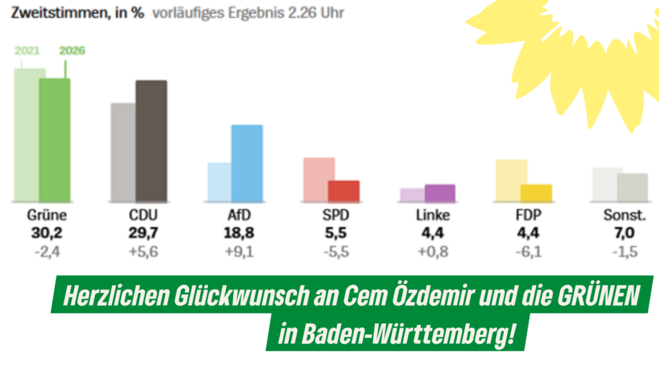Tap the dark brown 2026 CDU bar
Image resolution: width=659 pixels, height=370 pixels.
[x=151, y=140]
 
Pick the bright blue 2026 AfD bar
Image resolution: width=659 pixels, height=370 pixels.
[x=247, y=163]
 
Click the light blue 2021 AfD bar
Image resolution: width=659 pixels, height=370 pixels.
[x=219, y=182]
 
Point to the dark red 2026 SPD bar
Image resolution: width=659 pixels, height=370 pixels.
[x=344, y=191]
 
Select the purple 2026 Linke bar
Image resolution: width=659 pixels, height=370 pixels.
[x=440, y=193]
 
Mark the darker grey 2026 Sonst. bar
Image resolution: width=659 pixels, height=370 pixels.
[x=632, y=187]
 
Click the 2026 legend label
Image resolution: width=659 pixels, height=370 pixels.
[x=72, y=51]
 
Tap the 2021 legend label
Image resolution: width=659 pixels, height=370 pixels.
[x=27, y=51]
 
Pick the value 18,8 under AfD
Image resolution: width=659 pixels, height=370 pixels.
[x=238, y=233]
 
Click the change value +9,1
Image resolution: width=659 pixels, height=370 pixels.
[x=238, y=251]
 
